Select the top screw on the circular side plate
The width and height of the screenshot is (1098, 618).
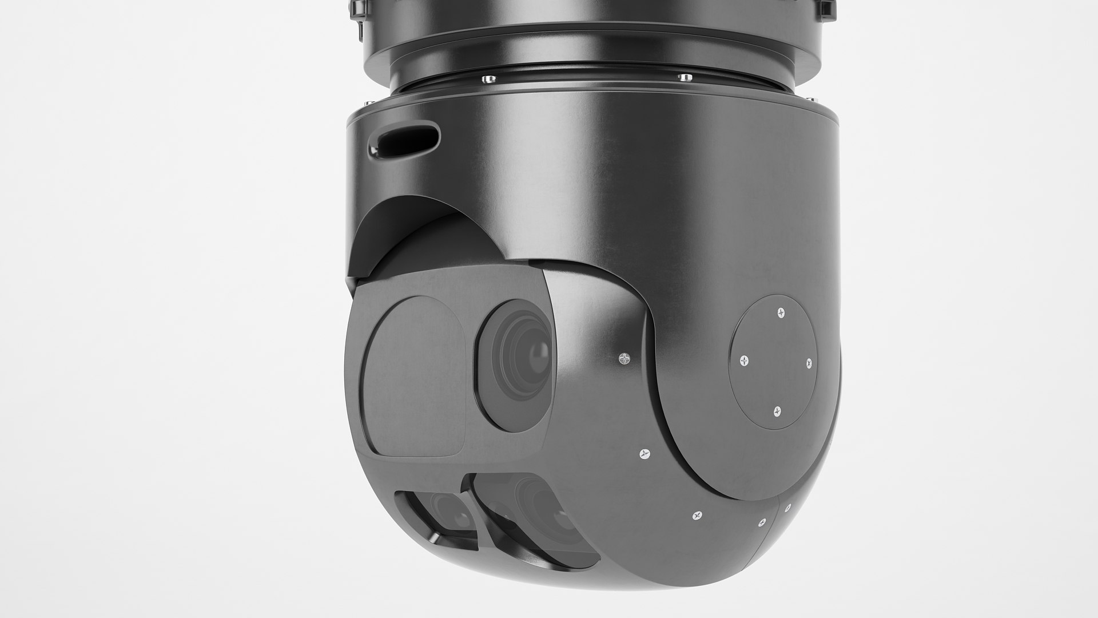pos(782,312)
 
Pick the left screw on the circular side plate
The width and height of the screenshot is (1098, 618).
pos(743,360)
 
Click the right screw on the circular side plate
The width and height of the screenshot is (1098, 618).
pos(809,363)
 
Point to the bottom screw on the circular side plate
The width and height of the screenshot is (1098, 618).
pos(777,411)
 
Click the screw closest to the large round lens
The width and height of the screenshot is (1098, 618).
pos(624,358)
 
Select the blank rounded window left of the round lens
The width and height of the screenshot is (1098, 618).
pos(415,375)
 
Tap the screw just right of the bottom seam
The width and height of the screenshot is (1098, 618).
pos(787,508)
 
